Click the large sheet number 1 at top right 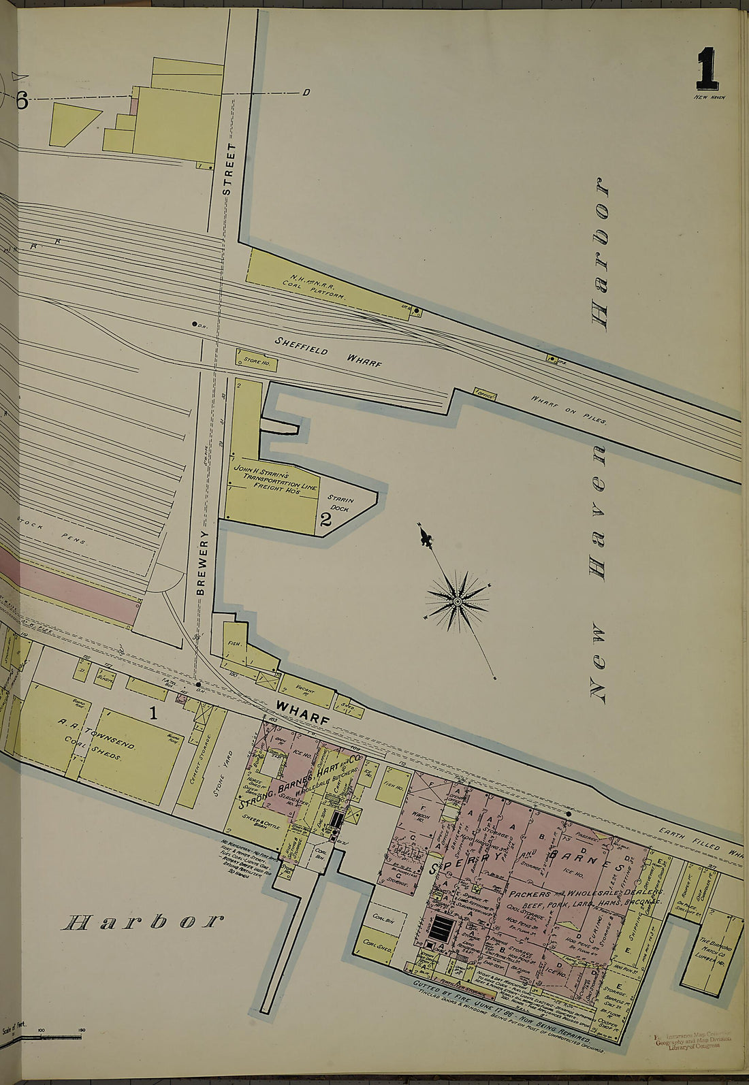[x=707, y=69]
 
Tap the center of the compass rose [x=458, y=601]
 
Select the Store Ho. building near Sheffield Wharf [x=256, y=360]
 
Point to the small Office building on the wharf [x=485, y=393]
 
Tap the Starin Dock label [x=342, y=503]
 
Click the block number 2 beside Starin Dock [x=325, y=521]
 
